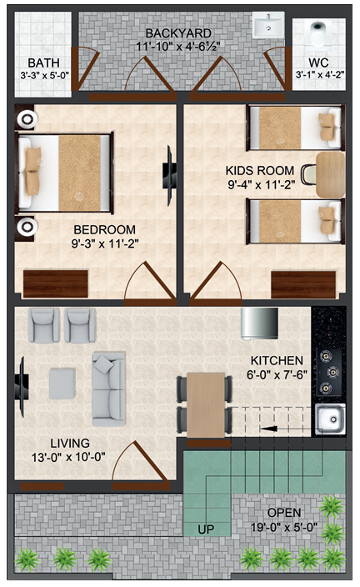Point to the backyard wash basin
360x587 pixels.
[268, 28]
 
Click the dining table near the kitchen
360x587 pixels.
[205, 404]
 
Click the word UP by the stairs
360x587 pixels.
[206, 529]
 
